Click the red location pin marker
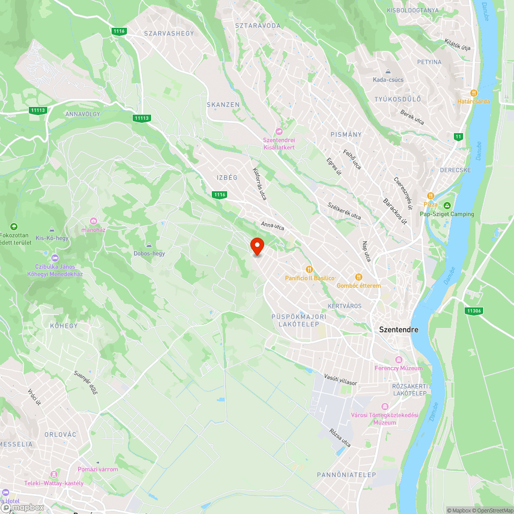pos(257,246)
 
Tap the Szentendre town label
pos(398,329)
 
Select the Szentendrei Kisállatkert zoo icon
pos(279,132)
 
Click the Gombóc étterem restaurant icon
pos(359,277)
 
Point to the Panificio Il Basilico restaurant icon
pos(309,269)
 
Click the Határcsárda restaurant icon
pos(474,93)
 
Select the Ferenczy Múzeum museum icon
pos(398,359)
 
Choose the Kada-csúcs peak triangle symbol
pos(389,71)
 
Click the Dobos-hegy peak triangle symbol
pos(149,245)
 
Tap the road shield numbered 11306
pos(473,310)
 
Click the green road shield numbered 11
pos(458,136)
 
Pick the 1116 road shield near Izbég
pos(219,194)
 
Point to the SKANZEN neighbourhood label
pos(223,104)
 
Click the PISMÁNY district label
pos(346,134)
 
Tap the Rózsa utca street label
pos(340,437)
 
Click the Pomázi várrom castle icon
pos(98,461)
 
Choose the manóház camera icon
pos(94,221)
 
